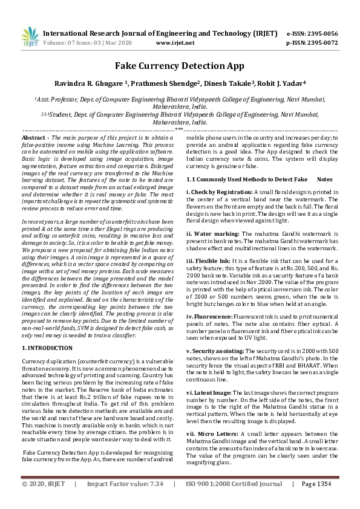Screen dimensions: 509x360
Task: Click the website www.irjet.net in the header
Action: click(x=175, y=43)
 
